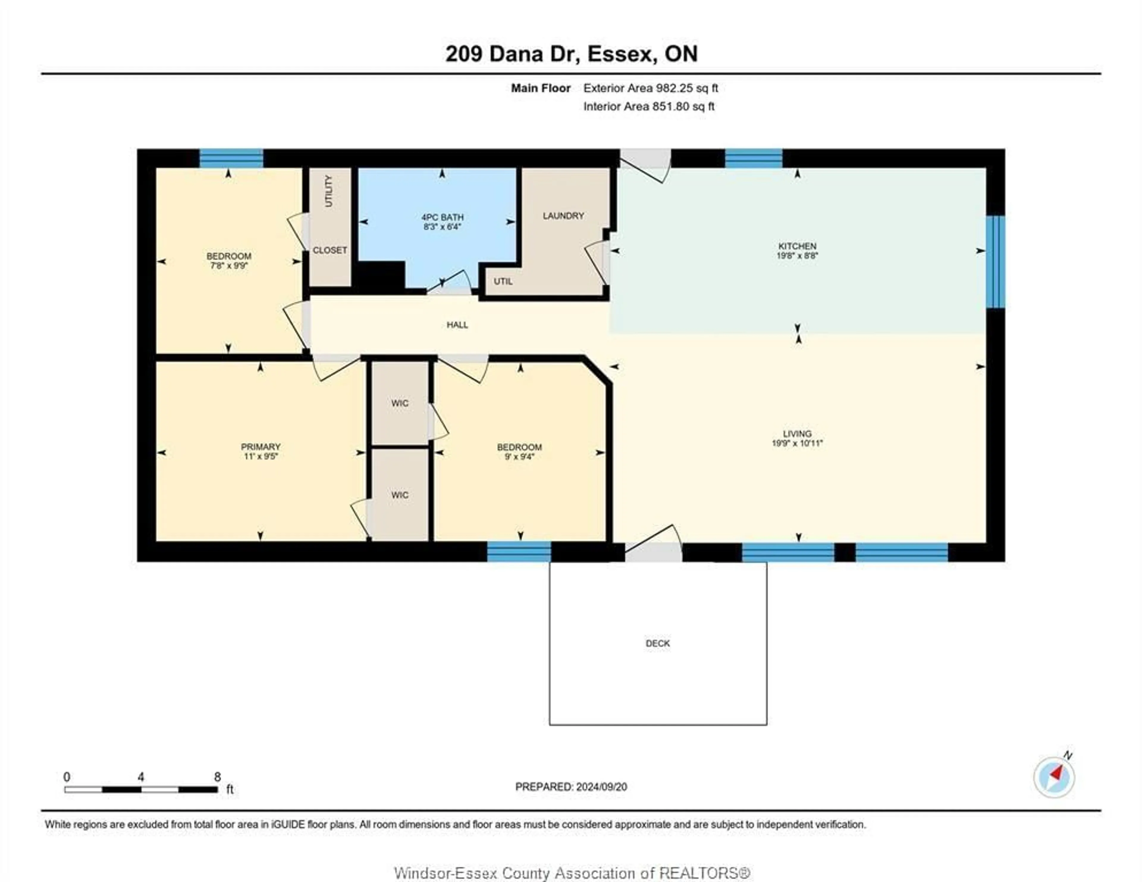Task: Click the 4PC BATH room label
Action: pyautogui.click(x=442, y=217)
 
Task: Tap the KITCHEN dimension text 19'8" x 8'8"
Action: pyautogui.click(x=797, y=256)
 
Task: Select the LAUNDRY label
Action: pyautogui.click(x=563, y=216)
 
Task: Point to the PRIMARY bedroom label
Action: pyautogui.click(x=261, y=446)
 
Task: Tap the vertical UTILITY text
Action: pyautogui.click(x=328, y=191)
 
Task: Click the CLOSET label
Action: pyautogui.click(x=330, y=250)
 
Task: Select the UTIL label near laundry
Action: pyautogui.click(x=503, y=281)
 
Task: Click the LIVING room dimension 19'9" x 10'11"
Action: pyautogui.click(x=797, y=443)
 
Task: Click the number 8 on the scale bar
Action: pyautogui.click(x=217, y=777)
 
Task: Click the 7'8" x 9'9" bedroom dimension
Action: pyautogui.click(x=228, y=265)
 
